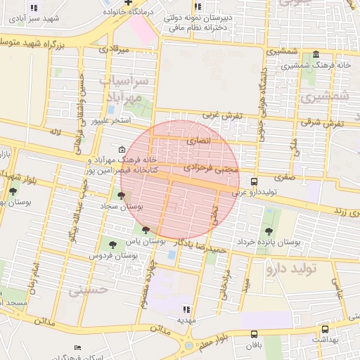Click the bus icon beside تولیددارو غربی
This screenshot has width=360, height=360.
tap(254, 181)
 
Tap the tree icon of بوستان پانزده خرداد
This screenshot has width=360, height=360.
tap(268, 231)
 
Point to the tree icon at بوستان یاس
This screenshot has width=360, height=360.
tap(146, 230)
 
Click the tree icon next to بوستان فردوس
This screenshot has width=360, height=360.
tap(113, 245)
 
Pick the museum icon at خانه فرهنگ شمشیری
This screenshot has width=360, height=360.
tap(316, 55)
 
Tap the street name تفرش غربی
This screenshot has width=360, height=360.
tap(222, 115)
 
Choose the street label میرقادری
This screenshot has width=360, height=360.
tap(113, 50)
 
